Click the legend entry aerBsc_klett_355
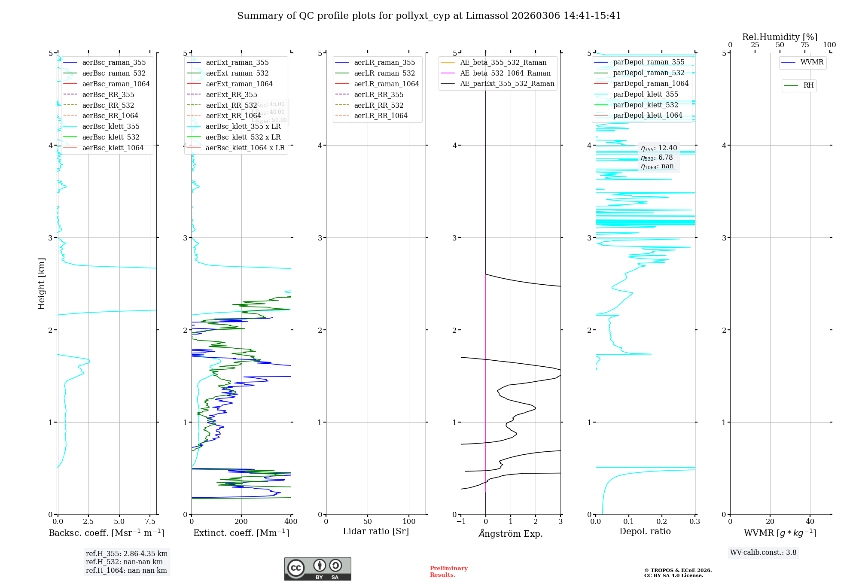(x=111, y=127)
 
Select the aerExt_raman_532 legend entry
(x=237, y=73)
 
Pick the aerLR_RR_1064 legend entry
(x=381, y=116)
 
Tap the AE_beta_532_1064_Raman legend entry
(x=505, y=73)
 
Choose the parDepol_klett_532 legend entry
(x=646, y=105)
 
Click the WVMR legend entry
(x=812, y=62)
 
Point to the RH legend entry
(x=808, y=85)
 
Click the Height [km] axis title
(x=41, y=284)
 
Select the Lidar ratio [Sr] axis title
(x=376, y=531)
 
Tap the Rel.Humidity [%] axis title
(x=780, y=37)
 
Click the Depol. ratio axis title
(x=645, y=531)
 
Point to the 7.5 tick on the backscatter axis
(x=150, y=521)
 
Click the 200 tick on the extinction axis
(x=241, y=521)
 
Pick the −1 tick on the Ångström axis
(x=461, y=521)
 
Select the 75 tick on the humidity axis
(x=804, y=45)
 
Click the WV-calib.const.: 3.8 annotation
(x=763, y=553)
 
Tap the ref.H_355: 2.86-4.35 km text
(x=127, y=554)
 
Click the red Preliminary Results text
(x=449, y=572)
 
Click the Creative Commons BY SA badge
(x=317, y=569)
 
